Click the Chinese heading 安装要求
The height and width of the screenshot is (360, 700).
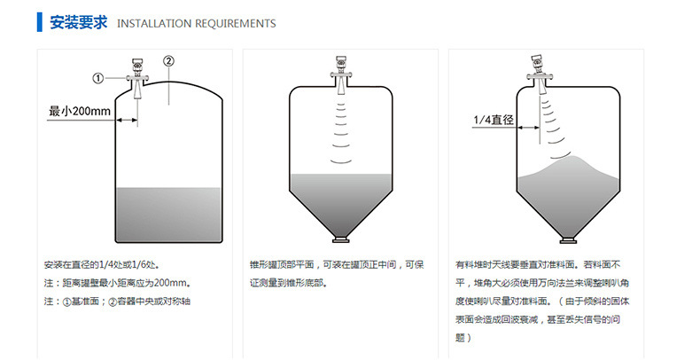point(79,22)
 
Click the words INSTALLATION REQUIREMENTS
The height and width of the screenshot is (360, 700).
point(197,24)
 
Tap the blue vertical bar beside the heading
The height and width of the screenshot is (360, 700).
point(40,22)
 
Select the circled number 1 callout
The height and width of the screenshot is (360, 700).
point(97,79)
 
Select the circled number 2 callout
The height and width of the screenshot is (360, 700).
point(168,61)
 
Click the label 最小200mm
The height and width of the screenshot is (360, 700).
point(80,111)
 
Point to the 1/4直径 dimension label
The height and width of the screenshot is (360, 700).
point(494,120)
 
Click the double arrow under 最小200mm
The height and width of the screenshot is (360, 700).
point(128,120)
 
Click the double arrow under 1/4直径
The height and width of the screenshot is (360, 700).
point(529,128)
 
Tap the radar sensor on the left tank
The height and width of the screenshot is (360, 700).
point(137,78)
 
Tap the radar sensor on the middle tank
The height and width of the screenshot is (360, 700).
point(340,74)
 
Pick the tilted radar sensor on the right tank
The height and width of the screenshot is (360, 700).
point(540,74)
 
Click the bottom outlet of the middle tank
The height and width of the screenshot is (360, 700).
point(340,239)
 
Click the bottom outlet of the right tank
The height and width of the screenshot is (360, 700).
point(568,239)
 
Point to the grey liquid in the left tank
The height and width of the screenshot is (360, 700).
point(168,215)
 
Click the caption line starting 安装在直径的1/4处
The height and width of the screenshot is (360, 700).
point(102,265)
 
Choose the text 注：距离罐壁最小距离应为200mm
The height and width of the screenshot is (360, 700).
point(118,283)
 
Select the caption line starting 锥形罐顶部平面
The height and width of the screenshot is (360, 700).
point(337,265)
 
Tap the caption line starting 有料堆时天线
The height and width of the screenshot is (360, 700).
point(538,265)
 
